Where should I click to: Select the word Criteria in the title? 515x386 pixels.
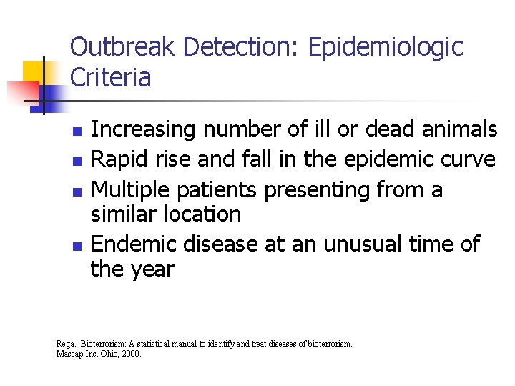(x=111, y=77)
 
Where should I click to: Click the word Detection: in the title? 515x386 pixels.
(x=242, y=47)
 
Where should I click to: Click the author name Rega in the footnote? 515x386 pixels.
(x=65, y=344)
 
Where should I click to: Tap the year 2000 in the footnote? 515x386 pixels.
(x=132, y=353)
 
